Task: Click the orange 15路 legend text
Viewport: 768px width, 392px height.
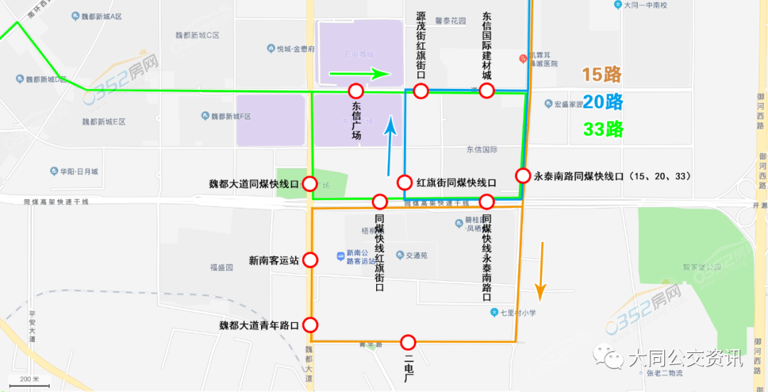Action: tap(602, 75)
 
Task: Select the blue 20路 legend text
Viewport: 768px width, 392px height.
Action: tap(602, 102)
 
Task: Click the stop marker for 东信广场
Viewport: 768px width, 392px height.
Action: tap(356, 91)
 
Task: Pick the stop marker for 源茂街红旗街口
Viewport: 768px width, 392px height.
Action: tap(421, 91)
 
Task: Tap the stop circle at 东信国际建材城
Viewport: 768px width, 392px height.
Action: tap(486, 91)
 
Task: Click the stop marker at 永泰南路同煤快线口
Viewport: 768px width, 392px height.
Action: tap(523, 176)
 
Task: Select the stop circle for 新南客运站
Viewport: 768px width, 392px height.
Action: tap(310, 260)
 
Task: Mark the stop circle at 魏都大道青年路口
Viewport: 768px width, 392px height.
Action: tap(310, 326)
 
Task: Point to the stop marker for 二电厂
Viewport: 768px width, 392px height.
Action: tap(408, 342)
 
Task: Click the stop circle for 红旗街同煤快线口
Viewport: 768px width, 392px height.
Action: tap(405, 182)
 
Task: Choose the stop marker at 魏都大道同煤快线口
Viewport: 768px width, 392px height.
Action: tap(310, 184)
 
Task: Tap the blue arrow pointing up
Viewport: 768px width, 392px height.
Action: tap(390, 147)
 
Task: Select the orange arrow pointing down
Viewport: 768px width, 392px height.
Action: tap(541, 270)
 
